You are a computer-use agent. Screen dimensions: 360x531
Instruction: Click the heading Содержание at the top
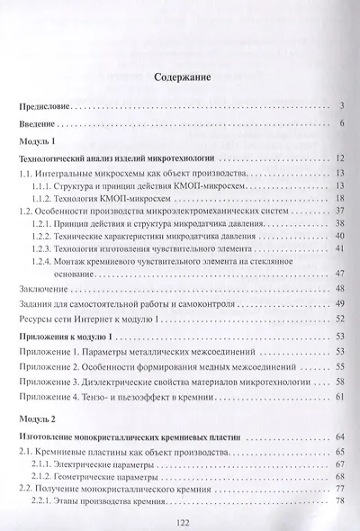pos(181,76)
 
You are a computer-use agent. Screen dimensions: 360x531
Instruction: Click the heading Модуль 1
pos(37,142)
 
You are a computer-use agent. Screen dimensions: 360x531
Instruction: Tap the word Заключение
pos(44,289)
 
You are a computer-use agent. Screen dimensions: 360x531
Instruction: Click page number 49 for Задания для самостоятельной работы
pos(340,303)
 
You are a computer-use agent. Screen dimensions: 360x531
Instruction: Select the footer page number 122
pos(180,519)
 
